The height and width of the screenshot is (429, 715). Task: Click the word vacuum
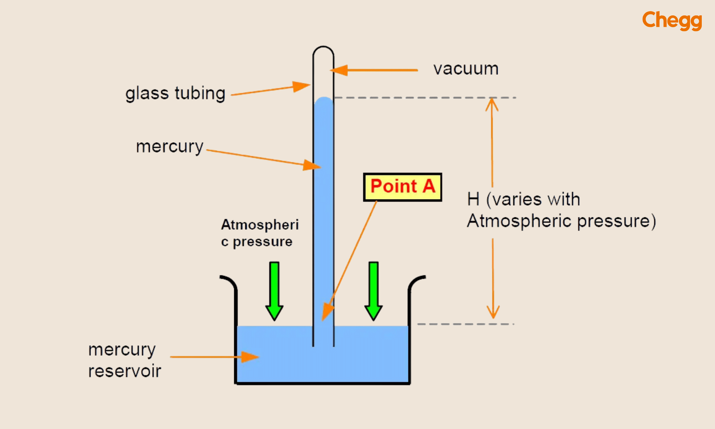tap(465, 69)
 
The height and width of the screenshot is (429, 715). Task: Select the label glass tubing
tap(175, 94)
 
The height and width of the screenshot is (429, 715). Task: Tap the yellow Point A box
tap(403, 187)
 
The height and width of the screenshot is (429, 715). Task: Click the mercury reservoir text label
tap(124, 360)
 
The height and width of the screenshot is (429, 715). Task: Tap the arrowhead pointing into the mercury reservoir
tap(250, 357)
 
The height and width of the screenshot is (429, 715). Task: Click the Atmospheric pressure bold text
tap(260, 233)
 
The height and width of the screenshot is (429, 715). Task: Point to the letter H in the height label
tap(473, 199)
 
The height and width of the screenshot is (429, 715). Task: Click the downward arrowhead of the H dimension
tap(493, 312)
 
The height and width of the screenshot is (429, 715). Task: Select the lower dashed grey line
tap(465, 324)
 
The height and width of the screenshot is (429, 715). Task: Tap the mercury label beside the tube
tap(169, 147)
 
